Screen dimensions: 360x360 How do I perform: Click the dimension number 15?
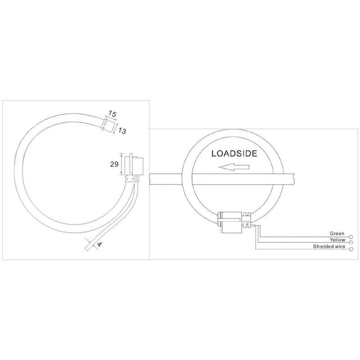coord(112,114)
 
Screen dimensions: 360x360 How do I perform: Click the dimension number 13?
coord(122,131)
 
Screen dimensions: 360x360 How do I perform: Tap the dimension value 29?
coord(114,164)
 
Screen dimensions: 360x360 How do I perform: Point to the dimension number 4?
coord(99,244)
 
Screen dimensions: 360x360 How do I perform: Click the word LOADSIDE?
coord(234,153)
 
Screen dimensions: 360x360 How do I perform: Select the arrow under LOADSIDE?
coord(234,167)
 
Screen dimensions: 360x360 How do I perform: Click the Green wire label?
coord(337,234)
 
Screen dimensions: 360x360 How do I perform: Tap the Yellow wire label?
coord(337,240)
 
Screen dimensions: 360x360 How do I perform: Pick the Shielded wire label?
coord(329,246)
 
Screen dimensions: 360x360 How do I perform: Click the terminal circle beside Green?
coord(351,236)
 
